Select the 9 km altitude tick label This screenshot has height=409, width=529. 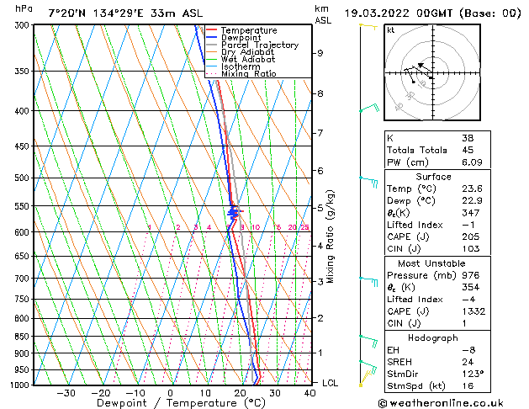[320, 53]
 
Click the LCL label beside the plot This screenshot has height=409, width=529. [331, 383]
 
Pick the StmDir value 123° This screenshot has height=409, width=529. [468, 374]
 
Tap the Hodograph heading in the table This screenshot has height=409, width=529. [433, 337]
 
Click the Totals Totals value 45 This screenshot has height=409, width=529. [466, 150]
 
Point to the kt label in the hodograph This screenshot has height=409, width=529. [390, 30]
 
